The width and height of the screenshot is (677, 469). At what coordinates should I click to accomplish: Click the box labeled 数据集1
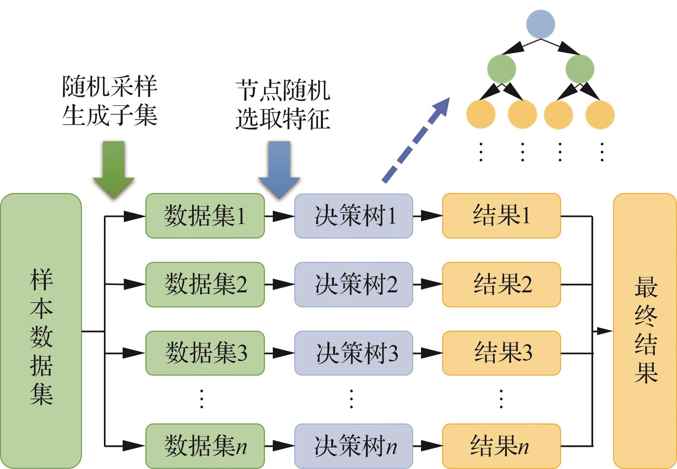tap(205, 216)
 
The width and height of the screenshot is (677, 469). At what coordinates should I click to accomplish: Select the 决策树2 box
tap(353, 284)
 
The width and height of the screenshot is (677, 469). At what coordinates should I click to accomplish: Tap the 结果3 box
tap(501, 353)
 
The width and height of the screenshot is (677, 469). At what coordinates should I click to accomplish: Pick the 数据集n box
tap(205, 446)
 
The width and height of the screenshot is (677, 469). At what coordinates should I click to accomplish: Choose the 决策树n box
tap(353, 446)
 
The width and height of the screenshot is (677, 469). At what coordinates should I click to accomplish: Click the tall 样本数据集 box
tap(41, 331)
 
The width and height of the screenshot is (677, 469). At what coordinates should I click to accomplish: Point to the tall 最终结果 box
tap(645, 331)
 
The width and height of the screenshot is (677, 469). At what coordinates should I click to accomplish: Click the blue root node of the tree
tap(540, 24)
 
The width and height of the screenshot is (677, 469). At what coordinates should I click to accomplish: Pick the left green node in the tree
tap(501, 69)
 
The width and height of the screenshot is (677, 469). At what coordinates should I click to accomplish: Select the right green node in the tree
tap(580, 69)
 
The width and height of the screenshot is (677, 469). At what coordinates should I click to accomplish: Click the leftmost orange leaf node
tap(481, 114)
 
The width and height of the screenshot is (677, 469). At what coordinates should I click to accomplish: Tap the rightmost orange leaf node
tap(600, 114)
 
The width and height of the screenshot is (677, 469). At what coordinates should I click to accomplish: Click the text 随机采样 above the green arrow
tap(110, 87)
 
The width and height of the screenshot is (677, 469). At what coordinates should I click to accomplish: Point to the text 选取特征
tap(283, 119)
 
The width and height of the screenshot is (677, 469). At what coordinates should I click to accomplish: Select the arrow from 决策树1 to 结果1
tap(428, 216)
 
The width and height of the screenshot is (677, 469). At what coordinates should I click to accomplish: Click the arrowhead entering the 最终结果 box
tap(605, 331)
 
